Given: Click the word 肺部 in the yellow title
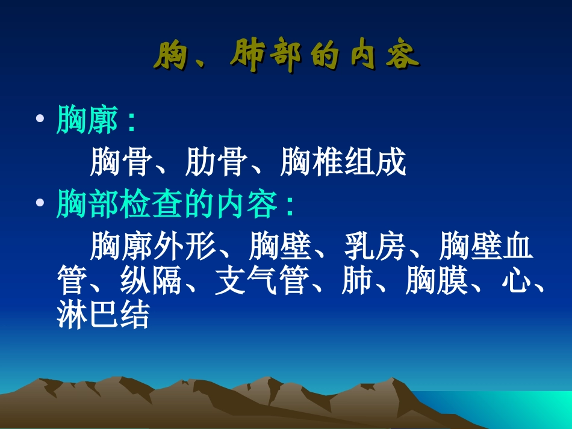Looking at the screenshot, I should pyautogui.click(x=266, y=58).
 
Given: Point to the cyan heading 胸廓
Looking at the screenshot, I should pyautogui.click(x=87, y=120).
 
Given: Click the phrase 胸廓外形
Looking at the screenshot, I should pyautogui.click(x=153, y=247).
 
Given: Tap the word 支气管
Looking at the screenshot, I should pyautogui.click(x=261, y=280).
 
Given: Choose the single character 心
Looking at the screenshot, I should pyautogui.click(x=517, y=280).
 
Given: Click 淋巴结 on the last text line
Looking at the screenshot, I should pyautogui.click(x=103, y=314).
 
